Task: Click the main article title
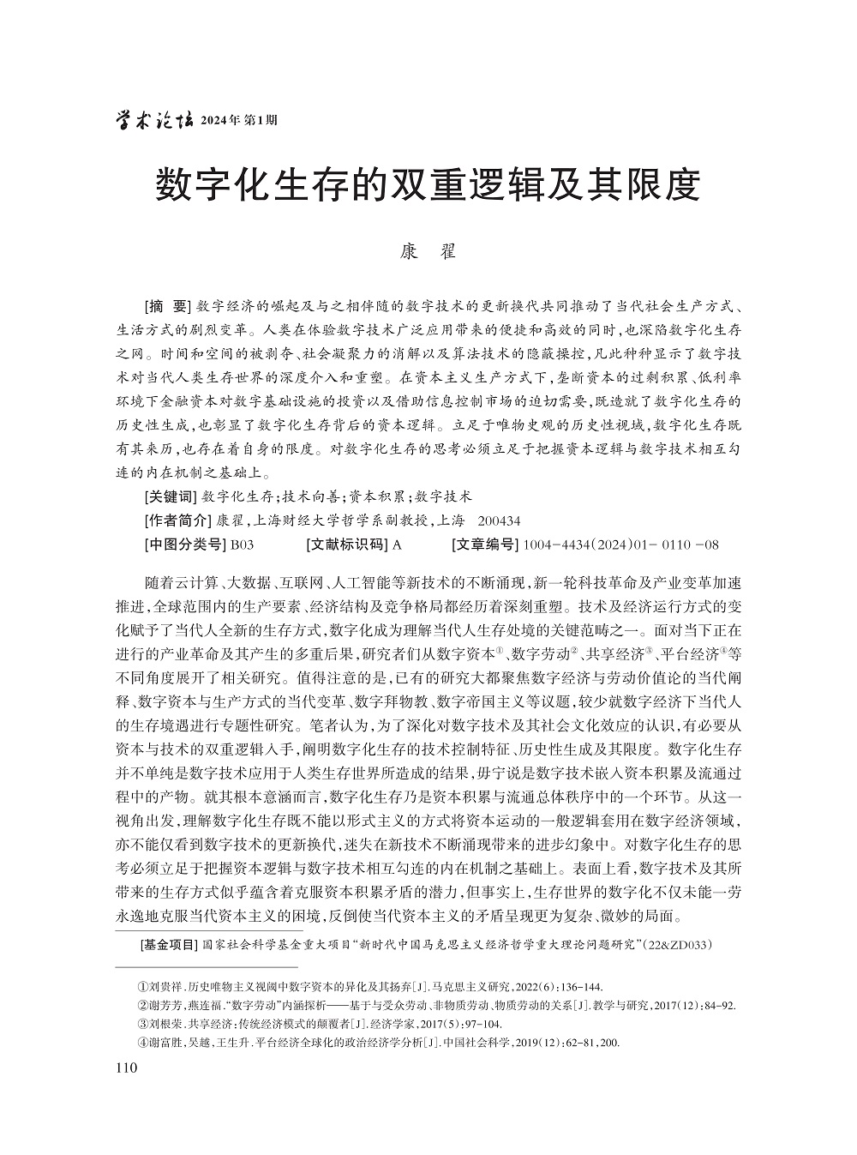click(428, 185)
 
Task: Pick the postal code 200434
click(499, 520)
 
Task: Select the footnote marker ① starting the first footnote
click(143, 987)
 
